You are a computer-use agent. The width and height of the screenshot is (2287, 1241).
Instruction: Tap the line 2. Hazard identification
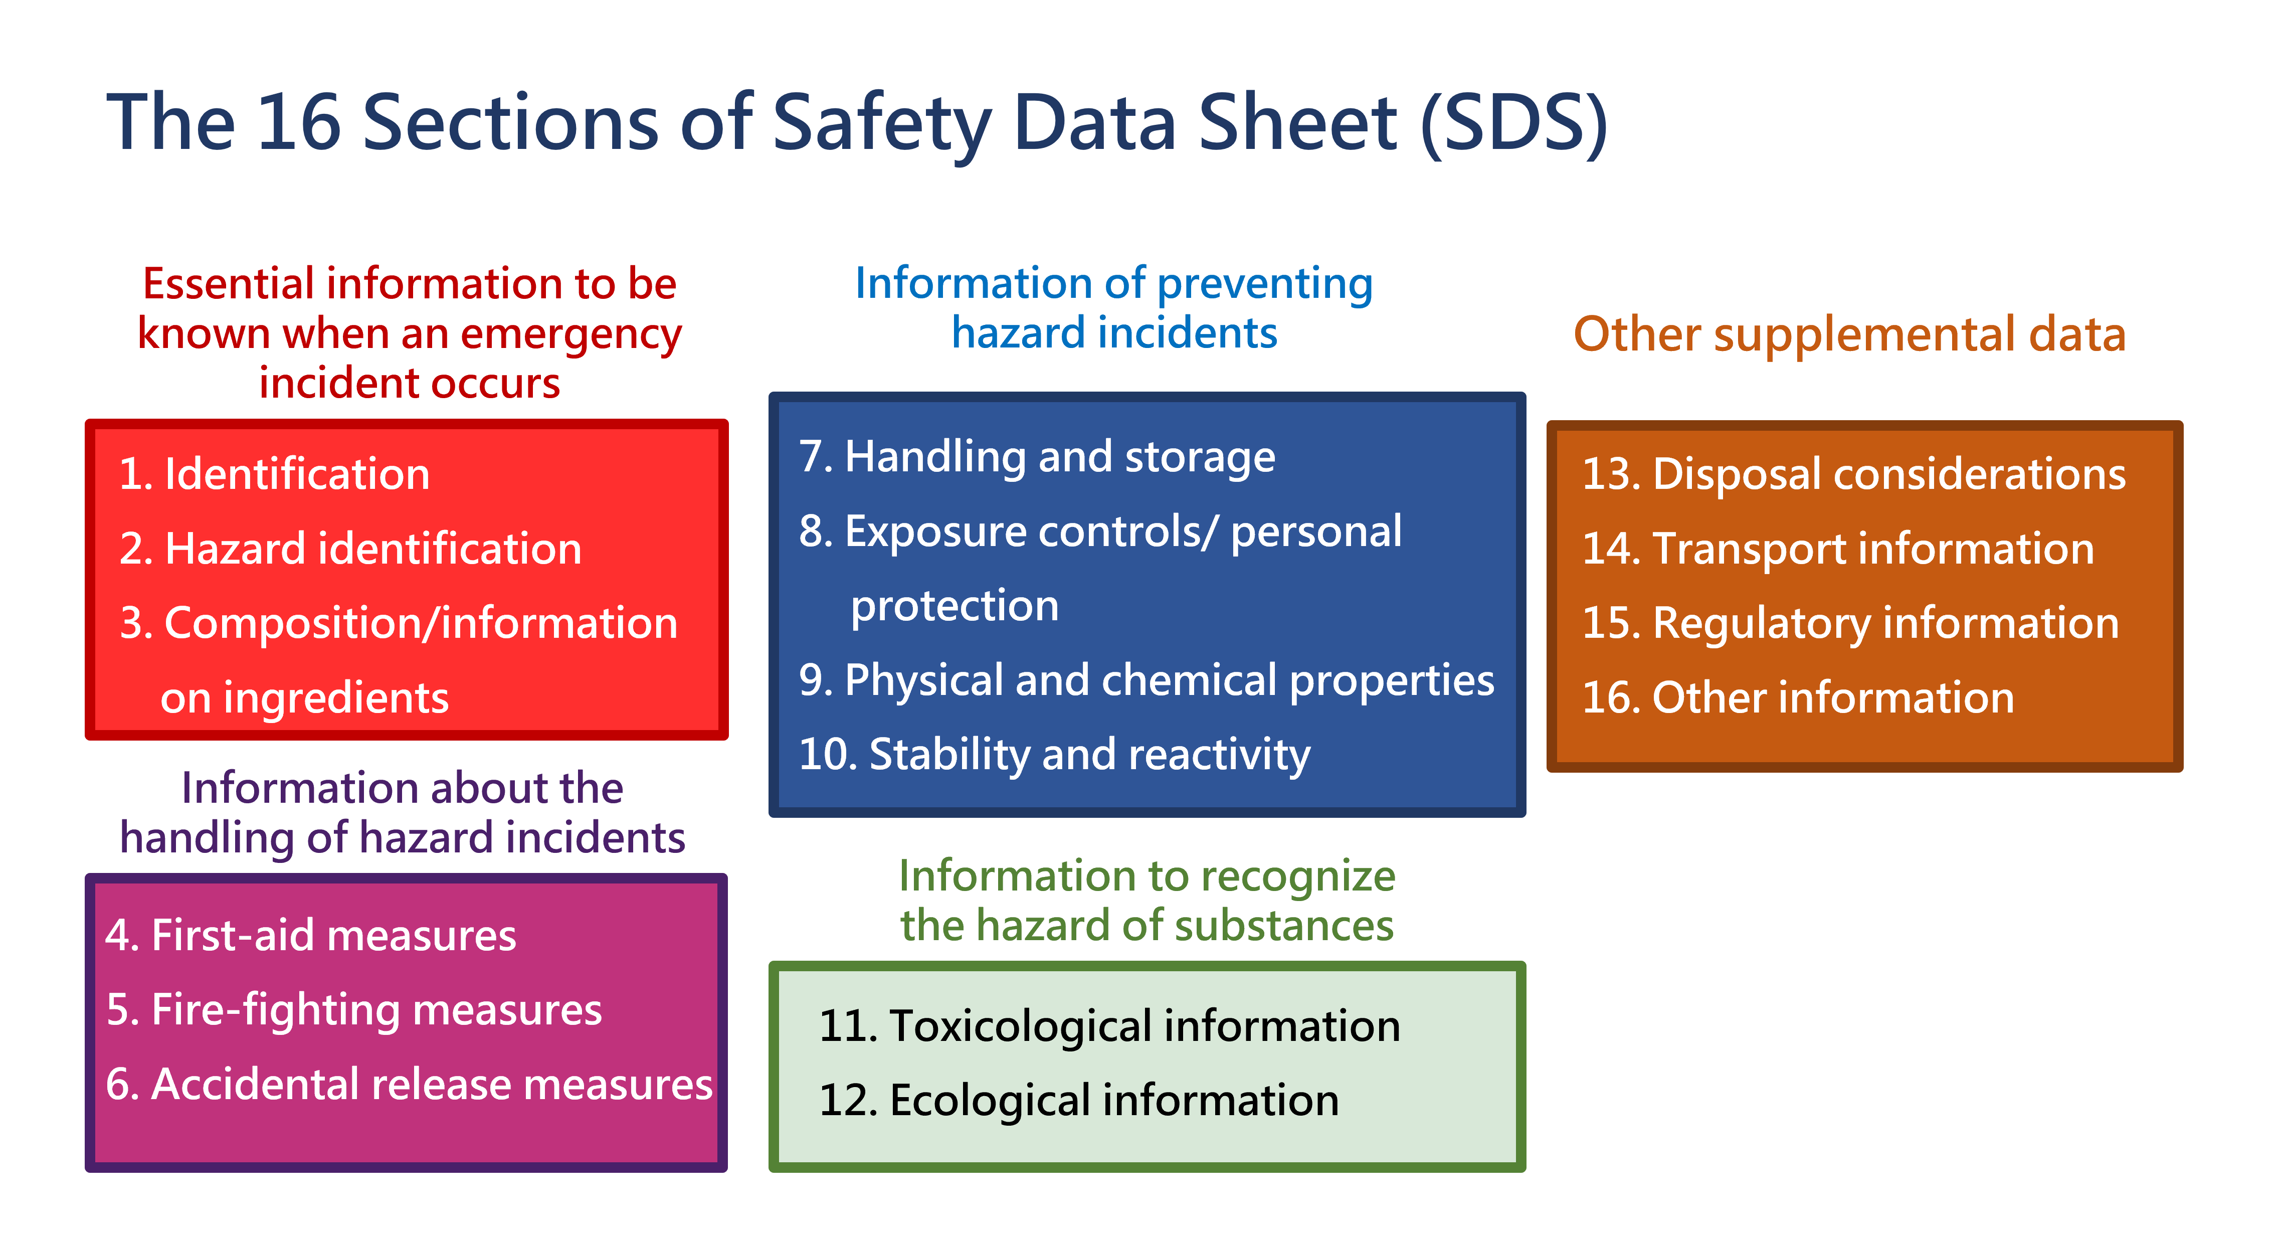351,549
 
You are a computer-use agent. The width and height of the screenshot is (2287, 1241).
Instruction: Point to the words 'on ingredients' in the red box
304,698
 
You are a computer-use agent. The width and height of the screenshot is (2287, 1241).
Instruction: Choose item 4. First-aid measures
311,936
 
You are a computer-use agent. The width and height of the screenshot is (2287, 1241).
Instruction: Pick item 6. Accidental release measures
409,1085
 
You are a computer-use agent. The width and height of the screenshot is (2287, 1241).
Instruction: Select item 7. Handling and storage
1036,457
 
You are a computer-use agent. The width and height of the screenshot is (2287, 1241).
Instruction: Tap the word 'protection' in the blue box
955,606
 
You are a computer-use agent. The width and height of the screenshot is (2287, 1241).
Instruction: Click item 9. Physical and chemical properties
1146,681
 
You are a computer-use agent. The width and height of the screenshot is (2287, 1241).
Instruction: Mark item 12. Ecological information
1079,1101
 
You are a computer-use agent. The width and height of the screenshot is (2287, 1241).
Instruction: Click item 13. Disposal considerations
1854,474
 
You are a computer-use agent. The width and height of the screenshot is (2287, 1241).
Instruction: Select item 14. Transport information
1838,549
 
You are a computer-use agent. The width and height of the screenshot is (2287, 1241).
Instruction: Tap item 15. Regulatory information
1850,623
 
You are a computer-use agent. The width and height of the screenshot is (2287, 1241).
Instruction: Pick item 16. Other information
1798,698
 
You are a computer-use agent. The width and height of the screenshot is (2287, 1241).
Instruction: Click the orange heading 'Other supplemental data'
1849,334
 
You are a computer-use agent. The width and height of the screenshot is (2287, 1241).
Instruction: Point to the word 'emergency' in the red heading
571,334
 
